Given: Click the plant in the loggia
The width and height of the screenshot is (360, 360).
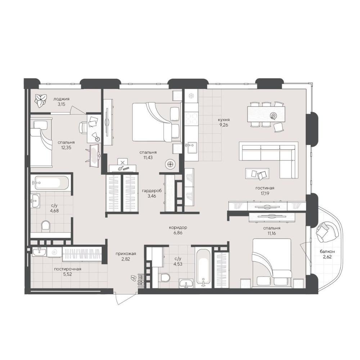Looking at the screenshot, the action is pos(40,100).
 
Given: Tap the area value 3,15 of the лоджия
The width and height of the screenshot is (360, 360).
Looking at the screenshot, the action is pos(61,104).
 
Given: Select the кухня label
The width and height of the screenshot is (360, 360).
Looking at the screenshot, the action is pos(224,120).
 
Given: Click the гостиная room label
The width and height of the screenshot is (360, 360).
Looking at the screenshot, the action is pos(265,188).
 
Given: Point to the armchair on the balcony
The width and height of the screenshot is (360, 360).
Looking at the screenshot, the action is pos(327,232).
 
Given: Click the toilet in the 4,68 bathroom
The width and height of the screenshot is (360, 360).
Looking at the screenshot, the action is pos(45,226).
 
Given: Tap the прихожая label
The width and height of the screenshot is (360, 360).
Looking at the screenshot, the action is pos(126,254).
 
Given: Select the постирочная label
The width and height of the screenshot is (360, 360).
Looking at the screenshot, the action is pos(68,269).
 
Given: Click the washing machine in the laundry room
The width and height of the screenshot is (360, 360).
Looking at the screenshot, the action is pos(54,252).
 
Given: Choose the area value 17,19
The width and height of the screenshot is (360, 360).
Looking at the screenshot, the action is pos(265,193).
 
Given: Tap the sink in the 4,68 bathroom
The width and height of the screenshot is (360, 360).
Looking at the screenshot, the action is pos(35,201).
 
